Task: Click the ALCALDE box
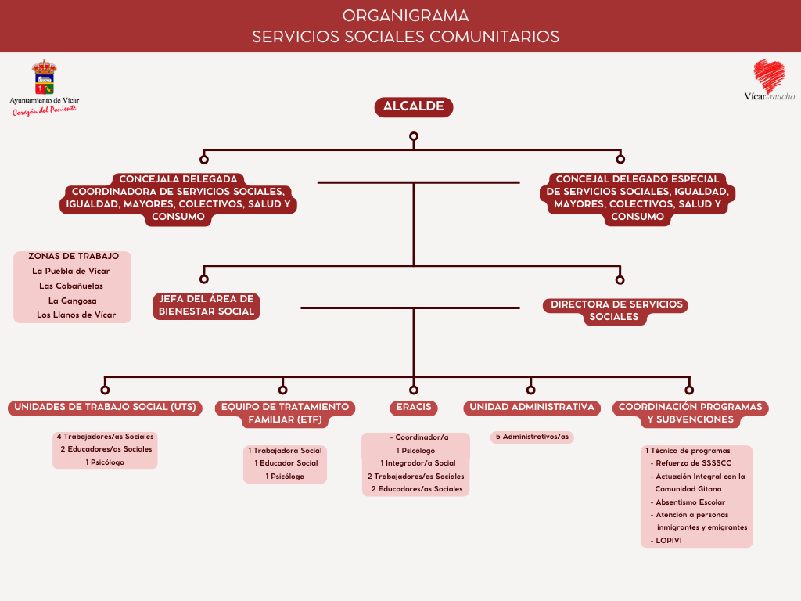[413, 107]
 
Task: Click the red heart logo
[768, 76]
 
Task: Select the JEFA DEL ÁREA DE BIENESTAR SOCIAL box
[207, 305]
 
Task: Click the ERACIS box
[413, 408]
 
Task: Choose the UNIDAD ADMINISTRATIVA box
[532, 408]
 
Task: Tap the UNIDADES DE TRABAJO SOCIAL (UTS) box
[105, 408]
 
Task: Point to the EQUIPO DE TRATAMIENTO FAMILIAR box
[285, 413]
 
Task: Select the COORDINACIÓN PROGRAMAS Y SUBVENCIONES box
[690, 413]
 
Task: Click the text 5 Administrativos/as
[532, 437]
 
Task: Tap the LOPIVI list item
[669, 540]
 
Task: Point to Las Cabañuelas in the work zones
[71, 286]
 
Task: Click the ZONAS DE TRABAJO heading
[74, 256]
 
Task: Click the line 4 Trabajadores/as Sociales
[105, 437]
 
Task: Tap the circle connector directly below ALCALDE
[413, 137]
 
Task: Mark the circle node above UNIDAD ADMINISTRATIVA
[531, 389]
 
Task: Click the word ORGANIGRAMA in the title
[405, 16]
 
